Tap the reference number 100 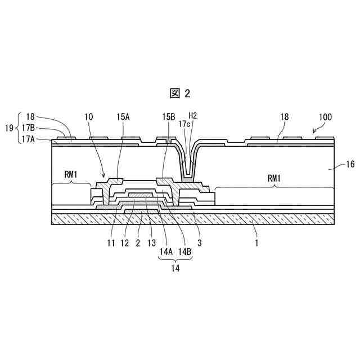coord(325,118)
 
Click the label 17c coord(184,123)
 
